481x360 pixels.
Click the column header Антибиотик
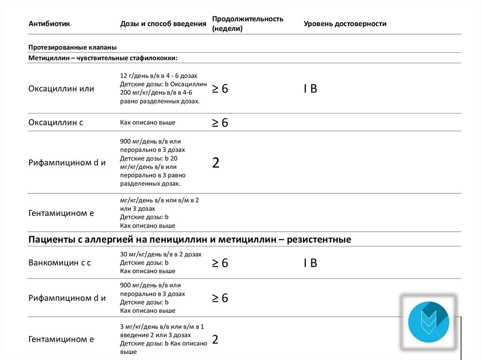point(49,24)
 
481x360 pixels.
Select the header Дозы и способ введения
point(163,24)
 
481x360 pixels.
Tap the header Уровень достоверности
point(345,24)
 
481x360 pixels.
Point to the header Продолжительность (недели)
point(248,23)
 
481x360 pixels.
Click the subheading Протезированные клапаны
point(72,47)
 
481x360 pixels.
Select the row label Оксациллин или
point(61,88)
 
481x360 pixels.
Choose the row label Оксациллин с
point(56,123)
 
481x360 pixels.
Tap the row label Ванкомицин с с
point(60,263)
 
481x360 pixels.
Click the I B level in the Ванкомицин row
point(310,263)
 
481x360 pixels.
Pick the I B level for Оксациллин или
point(310,89)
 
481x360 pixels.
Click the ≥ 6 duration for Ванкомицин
point(220,263)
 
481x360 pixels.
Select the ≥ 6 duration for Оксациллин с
point(220,123)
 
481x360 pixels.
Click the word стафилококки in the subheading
point(151,58)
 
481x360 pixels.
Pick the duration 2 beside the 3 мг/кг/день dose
point(215,339)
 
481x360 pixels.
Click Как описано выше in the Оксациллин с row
point(147,123)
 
